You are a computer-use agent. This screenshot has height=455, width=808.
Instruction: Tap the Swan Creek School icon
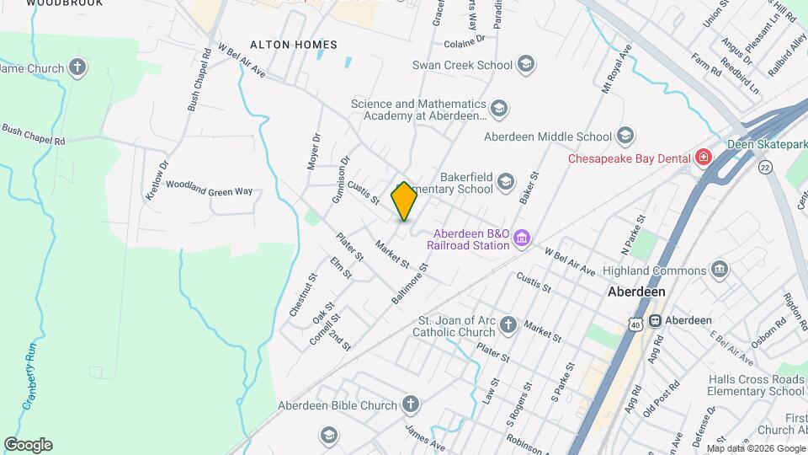(x=526, y=64)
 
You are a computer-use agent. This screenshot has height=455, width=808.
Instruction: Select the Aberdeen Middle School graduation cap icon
(x=625, y=136)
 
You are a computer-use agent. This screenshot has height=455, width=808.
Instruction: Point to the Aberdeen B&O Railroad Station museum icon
(x=522, y=238)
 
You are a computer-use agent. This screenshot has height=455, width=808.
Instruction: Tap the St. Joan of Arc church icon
(x=508, y=325)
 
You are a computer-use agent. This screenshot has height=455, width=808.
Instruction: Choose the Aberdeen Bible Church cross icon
(x=411, y=405)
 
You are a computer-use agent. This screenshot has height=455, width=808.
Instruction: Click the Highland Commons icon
(x=720, y=270)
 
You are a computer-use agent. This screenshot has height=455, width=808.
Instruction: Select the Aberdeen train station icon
(x=654, y=320)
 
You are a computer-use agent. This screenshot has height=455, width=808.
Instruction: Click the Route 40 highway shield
(x=632, y=324)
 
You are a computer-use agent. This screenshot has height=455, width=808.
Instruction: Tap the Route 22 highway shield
(x=764, y=169)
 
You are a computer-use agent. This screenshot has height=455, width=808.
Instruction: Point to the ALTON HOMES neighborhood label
(x=294, y=45)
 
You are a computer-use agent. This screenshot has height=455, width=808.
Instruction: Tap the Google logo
(x=28, y=445)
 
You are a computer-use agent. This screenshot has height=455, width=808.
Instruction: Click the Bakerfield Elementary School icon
(x=506, y=182)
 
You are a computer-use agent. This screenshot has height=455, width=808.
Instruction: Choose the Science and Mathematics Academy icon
(x=499, y=109)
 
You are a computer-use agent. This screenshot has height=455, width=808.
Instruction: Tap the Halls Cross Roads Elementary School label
(x=756, y=385)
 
